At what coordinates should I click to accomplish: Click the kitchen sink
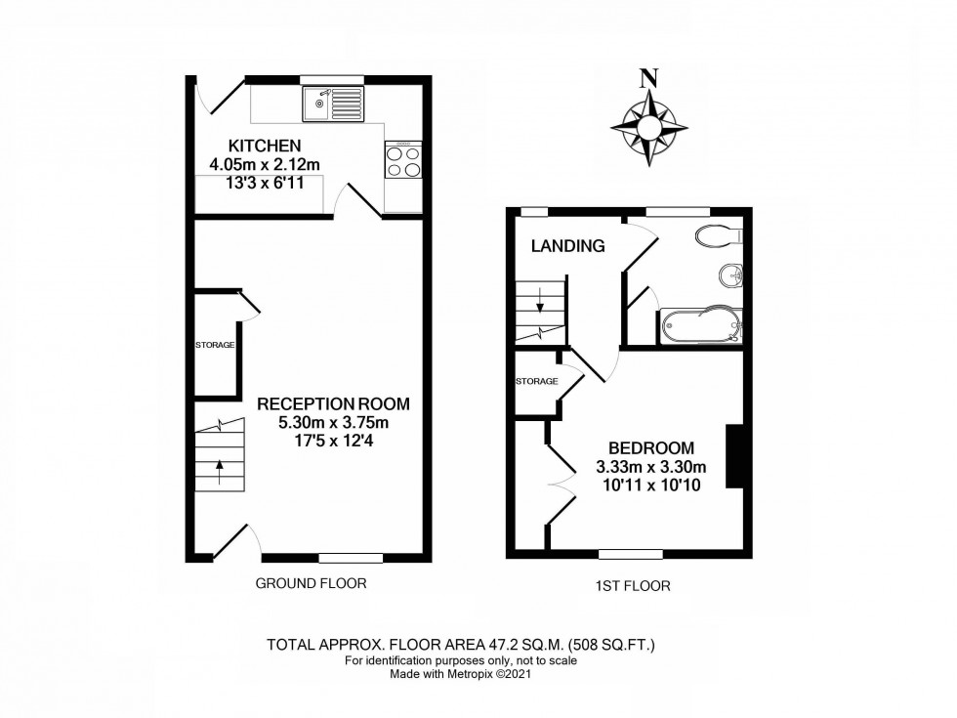click(333, 104)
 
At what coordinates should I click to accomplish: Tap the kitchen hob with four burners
click(403, 160)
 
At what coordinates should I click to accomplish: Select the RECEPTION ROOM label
click(333, 403)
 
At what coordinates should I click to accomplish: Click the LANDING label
click(567, 246)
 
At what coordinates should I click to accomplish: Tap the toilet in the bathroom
click(721, 234)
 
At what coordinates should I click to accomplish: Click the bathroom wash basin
click(730, 276)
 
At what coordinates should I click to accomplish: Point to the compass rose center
click(649, 128)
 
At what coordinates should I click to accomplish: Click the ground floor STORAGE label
click(215, 344)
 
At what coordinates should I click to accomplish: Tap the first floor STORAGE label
click(537, 381)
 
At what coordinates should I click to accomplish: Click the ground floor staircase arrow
click(219, 469)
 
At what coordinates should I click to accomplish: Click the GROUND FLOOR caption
click(311, 584)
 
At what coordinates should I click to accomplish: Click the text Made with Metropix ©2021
click(461, 674)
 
